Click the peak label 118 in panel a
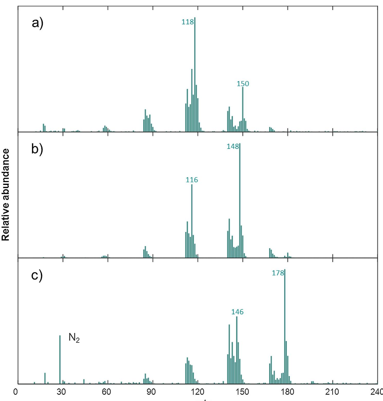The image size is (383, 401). pos(187,22)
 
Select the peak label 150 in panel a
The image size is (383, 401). pos(243,84)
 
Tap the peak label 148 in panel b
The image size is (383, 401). pos(233,146)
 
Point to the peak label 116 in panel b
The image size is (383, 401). pos(192,180)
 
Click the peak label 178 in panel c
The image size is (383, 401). pos(278,273)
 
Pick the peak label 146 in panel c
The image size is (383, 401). pos(237,312)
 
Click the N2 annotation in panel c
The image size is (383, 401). pos(74,338)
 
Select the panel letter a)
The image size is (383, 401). pos(38,23)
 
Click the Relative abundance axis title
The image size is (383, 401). pos(6,194)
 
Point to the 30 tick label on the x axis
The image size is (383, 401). pos(61,392)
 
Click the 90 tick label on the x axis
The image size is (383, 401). pos(151,392)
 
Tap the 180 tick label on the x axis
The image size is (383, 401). pos(287,392)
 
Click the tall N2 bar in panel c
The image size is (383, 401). pos(60,360)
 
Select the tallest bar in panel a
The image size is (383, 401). pos(195,74)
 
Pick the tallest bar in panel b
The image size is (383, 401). pos(240,200)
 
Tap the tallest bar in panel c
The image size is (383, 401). pos(285,326)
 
